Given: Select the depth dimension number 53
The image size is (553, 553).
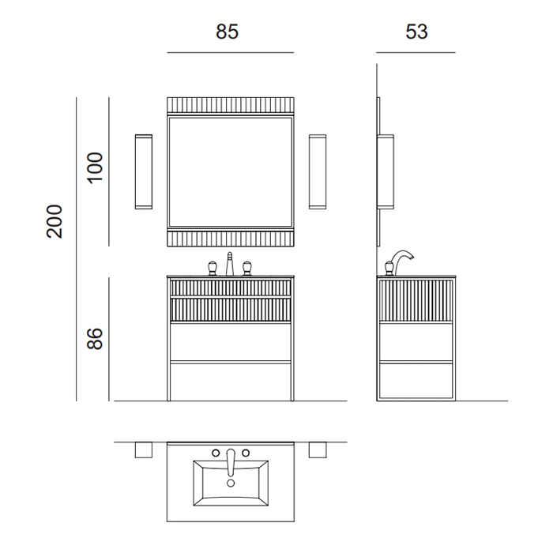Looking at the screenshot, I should (416, 32).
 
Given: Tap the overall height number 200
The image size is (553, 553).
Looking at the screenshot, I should (55, 221).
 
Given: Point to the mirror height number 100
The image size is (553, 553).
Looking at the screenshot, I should (96, 168).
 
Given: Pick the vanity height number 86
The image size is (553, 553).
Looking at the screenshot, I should (96, 339).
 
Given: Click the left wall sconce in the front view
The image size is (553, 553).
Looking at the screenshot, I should (144, 171).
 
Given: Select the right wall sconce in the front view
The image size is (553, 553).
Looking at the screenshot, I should (318, 171).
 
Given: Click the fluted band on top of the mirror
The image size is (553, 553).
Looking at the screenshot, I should (230, 105).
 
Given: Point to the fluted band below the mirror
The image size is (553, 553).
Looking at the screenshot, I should (230, 238).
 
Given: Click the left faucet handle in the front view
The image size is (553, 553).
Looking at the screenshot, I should (213, 267).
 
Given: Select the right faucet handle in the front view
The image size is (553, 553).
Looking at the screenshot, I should (247, 267).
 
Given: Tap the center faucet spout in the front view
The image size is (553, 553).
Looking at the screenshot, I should (230, 263).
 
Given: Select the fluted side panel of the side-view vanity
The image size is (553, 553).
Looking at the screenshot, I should (416, 301).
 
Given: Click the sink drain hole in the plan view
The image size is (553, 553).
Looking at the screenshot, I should (230, 483).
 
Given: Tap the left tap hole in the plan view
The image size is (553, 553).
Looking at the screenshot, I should (214, 453).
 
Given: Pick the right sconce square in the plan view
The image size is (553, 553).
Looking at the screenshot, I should (318, 450).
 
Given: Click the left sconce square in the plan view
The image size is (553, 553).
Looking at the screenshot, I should (144, 450).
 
